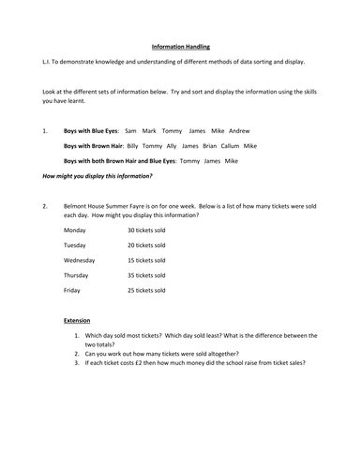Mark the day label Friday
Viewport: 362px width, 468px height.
[73, 290]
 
